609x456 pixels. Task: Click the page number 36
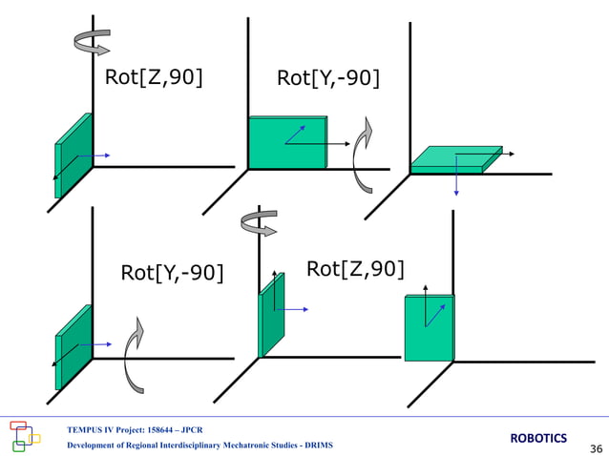pyautogui.click(x=597, y=448)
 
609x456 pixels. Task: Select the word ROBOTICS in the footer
pyautogui.click(x=538, y=438)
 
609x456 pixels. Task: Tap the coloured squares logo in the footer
pyautogui.click(x=26, y=435)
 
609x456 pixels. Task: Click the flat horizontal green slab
pyautogui.click(x=456, y=159)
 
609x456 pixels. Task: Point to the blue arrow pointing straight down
pyautogui.click(x=456, y=181)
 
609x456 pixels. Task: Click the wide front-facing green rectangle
pyautogui.click(x=286, y=143)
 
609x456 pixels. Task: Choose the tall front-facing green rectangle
pyautogui.click(x=428, y=327)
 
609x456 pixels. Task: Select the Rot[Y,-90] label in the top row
pyautogui.click(x=327, y=78)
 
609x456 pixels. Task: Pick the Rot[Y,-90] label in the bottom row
pyautogui.click(x=172, y=274)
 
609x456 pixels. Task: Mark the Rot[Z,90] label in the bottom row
pyautogui.click(x=355, y=270)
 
